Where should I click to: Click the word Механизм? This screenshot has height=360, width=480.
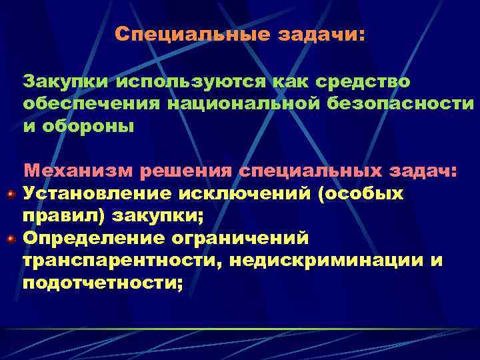pos(78,171)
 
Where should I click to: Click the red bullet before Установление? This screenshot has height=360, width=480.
pos(10,194)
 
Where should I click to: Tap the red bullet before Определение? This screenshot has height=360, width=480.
pos(10,237)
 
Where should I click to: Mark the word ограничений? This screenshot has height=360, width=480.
pos(241,237)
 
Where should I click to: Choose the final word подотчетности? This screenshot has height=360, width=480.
pos(103,281)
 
